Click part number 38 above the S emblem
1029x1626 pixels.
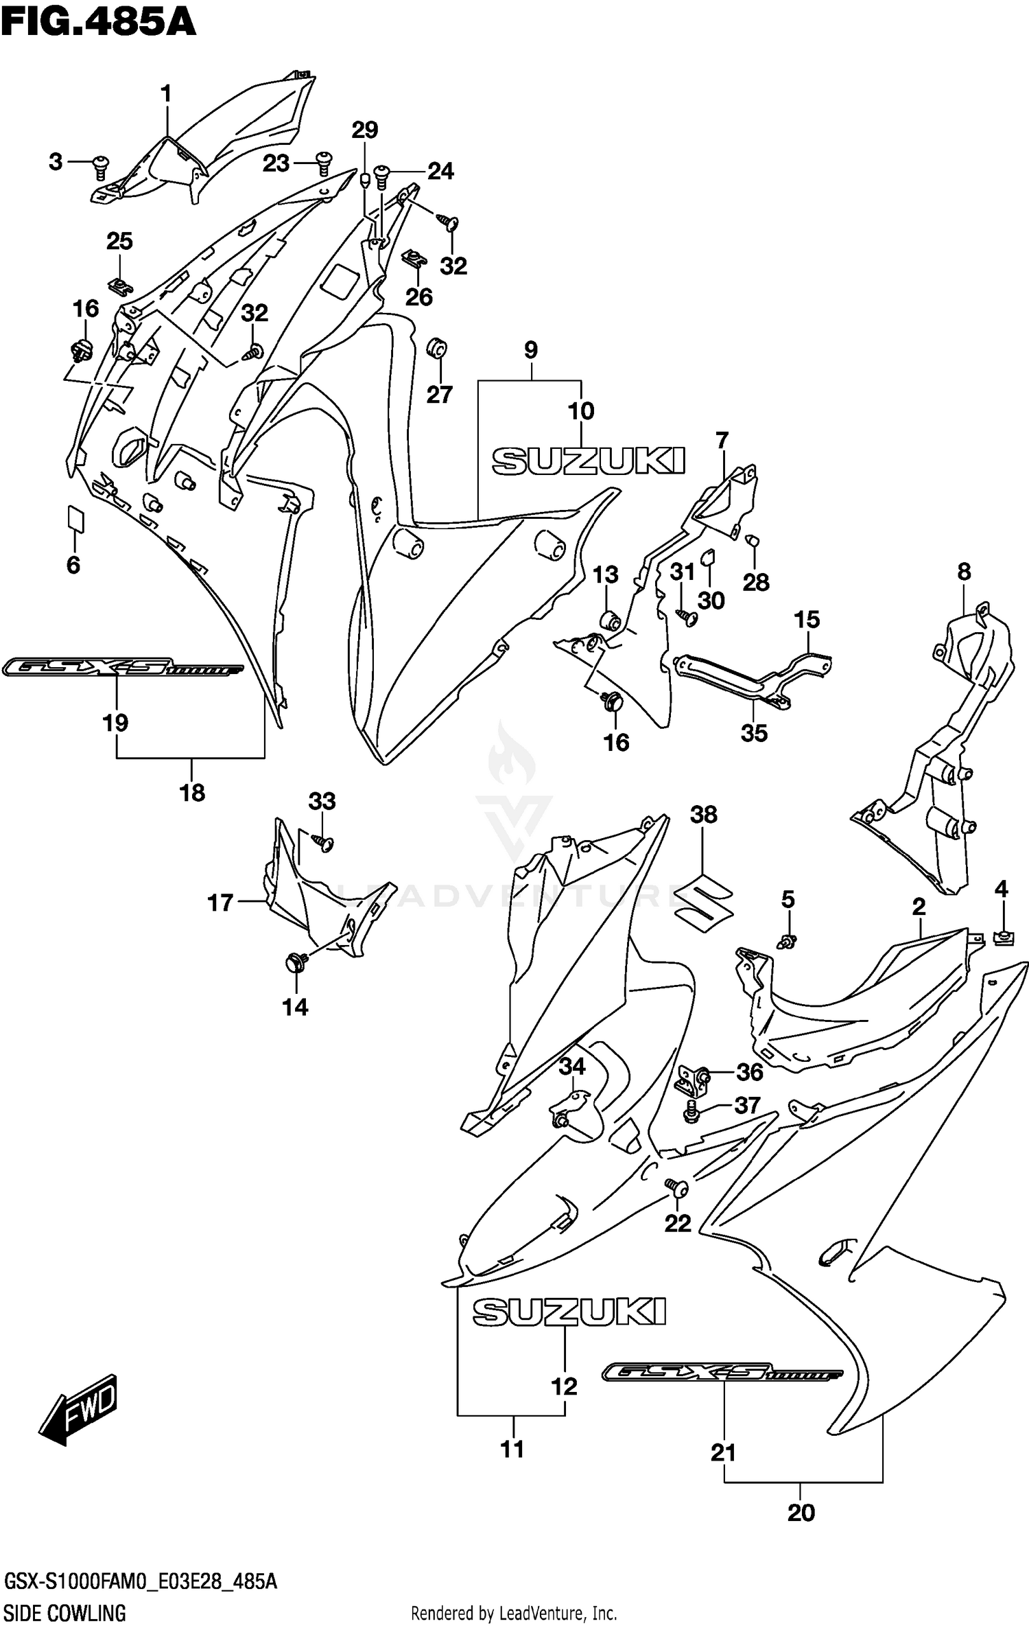click(x=704, y=815)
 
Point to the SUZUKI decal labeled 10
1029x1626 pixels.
click(x=589, y=461)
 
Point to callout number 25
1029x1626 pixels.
click(x=119, y=242)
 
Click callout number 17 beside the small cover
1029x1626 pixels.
click(x=220, y=903)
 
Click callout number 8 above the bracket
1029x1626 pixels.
click(x=964, y=571)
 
